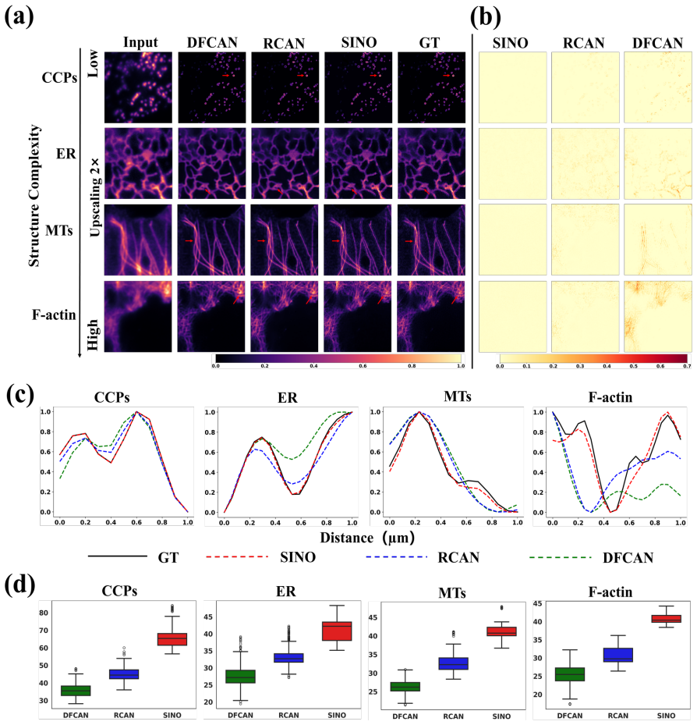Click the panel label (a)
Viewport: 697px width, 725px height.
coord(19,17)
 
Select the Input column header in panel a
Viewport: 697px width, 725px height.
coord(140,43)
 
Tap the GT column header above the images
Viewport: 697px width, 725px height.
coord(429,43)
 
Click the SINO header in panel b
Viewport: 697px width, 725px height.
coord(510,43)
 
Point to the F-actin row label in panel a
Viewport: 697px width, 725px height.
coord(54,315)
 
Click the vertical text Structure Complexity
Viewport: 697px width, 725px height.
coord(34,196)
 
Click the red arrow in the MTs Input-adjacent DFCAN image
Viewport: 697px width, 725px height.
coord(189,240)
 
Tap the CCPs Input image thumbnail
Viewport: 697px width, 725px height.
coord(138,87)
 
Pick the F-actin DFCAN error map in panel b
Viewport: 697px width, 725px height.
coord(658,317)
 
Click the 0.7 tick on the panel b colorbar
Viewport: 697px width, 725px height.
coord(688,366)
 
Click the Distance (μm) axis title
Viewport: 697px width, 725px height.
coord(367,538)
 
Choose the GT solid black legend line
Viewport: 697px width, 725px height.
coord(117,556)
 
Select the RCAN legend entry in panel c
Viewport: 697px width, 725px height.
coord(423,557)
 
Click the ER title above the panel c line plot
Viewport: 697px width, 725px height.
coord(288,398)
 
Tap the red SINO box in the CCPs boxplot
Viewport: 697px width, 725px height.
coord(172,639)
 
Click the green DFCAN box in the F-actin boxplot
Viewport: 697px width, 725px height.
coord(569,674)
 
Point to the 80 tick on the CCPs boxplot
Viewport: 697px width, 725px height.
coord(44,613)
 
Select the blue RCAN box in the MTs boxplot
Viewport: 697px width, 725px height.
coord(453,663)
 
